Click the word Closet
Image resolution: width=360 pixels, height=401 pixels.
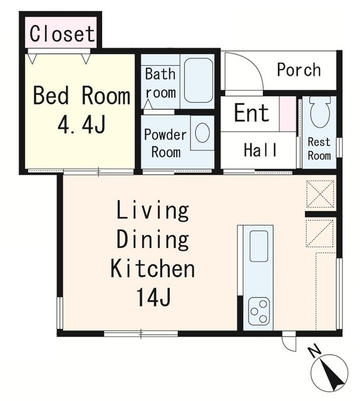tap(62, 34)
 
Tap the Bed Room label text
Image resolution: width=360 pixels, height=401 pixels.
tap(81, 96)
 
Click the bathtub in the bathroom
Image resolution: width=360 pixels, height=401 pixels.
tap(198, 80)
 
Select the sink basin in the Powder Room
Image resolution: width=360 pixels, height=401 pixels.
tap(202, 133)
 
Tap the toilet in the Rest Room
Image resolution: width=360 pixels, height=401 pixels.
tap(319, 112)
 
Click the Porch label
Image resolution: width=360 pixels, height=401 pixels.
tap(299, 70)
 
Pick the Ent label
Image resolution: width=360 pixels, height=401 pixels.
tap(252, 112)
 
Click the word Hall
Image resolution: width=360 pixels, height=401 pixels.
tap(260, 150)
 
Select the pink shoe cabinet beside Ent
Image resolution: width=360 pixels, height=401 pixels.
tap(287, 114)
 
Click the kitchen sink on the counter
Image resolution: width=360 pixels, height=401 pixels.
tap(259, 246)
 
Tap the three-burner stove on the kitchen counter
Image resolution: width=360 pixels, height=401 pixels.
tap(259, 311)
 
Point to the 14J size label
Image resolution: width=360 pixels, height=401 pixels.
tap(153, 297)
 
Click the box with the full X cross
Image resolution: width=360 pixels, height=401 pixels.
tap(320, 194)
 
